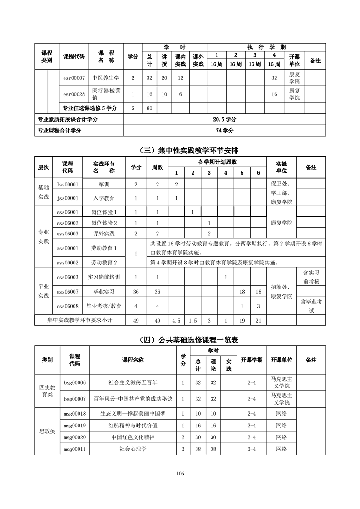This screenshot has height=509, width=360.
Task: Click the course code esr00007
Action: (x=74, y=78)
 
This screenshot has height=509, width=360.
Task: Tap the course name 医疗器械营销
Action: (x=106, y=94)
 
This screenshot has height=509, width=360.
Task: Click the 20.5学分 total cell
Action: (x=225, y=119)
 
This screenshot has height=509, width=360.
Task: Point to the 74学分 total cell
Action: (x=225, y=131)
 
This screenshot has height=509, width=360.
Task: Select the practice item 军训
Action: (x=103, y=184)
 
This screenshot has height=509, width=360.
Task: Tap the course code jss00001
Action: (x=68, y=198)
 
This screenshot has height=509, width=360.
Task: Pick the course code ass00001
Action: (x=68, y=248)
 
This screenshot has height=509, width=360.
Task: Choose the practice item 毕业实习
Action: (x=104, y=291)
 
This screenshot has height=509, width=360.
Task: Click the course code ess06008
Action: (x=68, y=306)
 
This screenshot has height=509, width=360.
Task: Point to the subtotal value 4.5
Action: (x=176, y=320)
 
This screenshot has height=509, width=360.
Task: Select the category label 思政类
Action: (x=48, y=431)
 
